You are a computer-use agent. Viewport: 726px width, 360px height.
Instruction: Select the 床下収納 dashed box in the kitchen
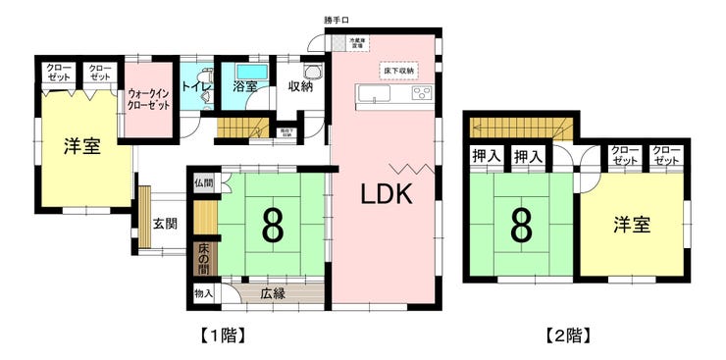pos(398,72)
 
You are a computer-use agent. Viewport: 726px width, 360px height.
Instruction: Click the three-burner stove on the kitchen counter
pos(421,94)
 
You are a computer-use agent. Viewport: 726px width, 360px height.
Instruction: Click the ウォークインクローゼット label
pos(148,98)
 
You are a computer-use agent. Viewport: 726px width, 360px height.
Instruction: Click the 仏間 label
pos(203,183)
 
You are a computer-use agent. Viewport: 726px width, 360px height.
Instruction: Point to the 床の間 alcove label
pos(204,258)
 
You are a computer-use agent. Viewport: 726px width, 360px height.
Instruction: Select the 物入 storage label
pos(203,292)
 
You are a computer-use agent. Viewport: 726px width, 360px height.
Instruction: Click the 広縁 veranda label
pos(273,292)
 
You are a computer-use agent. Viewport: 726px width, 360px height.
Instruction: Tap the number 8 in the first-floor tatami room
pos(272,225)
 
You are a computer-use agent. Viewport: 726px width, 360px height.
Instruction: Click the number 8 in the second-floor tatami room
pos(520,225)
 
